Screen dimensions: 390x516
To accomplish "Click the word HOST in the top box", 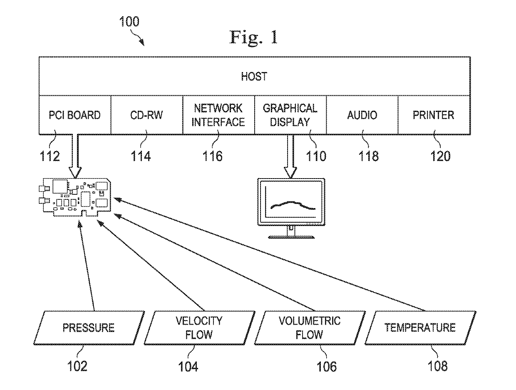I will (x=254, y=77).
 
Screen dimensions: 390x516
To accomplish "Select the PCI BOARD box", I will (x=75, y=115).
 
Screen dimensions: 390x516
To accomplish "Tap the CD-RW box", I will (x=146, y=115).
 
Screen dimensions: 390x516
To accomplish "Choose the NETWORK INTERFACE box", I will (x=218, y=115).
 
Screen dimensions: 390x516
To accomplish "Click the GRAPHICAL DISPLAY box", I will (x=290, y=115).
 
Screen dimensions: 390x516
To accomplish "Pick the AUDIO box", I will (x=362, y=115).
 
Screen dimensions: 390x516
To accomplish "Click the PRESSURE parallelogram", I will (x=89, y=328).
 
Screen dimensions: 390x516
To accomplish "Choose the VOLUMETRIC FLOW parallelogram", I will (x=310, y=328).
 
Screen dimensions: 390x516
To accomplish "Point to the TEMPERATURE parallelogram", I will (x=420, y=328).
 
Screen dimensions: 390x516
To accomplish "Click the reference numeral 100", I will (x=129, y=22).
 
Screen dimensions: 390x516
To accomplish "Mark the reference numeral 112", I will (x=50, y=156).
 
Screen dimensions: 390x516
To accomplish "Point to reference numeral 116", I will (x=212, y=156).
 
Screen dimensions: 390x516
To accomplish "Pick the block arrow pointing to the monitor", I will (x=290, y=156).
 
